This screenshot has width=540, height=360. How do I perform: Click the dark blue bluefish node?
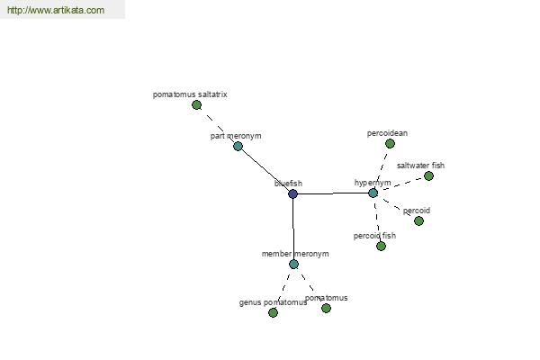pos(292,193)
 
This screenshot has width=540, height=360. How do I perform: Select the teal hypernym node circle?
pos(373,193)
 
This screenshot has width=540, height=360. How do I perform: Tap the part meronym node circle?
pos(238,146)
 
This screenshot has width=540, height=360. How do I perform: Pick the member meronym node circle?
pos(293,264)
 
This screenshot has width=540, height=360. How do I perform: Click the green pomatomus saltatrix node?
pos(196,105)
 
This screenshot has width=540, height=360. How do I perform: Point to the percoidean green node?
pos(390,143)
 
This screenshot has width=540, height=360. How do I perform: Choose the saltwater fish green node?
pos(428,175)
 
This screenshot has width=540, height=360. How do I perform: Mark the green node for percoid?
pos(418,220)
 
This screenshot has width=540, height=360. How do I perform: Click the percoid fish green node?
pos(381,246)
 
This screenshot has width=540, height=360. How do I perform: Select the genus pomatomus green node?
pos(273,312)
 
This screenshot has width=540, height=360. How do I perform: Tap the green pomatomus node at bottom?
pos(326,308)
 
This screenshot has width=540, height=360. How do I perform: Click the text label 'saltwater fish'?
pos(420,166)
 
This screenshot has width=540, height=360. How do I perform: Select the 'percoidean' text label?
pos(387,133)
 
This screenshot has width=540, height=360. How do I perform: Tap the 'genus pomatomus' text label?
pos(273,302)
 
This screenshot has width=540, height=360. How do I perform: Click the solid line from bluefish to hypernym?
pos(333,193)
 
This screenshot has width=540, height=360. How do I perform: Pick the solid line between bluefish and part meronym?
pos(265,170)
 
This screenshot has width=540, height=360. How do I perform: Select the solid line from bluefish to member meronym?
pos(293,229)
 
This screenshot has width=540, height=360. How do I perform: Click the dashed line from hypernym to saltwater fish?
pos(401,184)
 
